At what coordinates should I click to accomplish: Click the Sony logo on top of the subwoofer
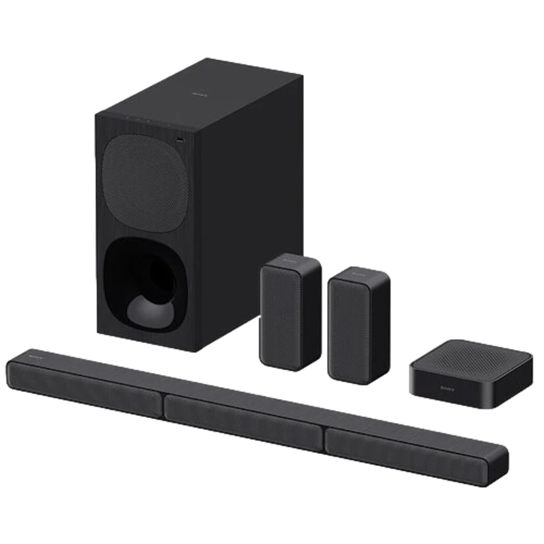(x=198, y=96)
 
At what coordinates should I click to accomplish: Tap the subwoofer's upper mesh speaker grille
(x=145, y=178)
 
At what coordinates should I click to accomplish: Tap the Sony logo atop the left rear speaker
(x=289, y=261)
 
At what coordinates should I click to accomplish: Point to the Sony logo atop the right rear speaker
(x=358, y=274)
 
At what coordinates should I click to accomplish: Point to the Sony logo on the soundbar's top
(x=24, y=355)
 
